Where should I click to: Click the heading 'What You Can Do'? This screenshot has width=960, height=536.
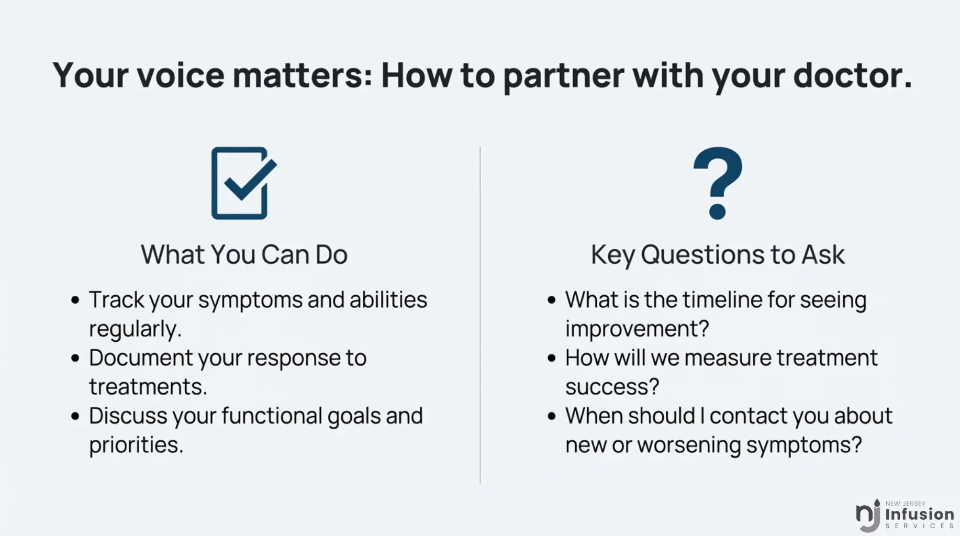[x=244, y=255]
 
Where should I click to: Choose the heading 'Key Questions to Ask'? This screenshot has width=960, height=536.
[x=718, y=255]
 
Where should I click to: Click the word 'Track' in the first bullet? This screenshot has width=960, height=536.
[x=116, y=300]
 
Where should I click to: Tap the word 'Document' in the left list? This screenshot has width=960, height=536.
[x=141, y=358]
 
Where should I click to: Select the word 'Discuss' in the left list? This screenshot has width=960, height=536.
[x=128, y=416]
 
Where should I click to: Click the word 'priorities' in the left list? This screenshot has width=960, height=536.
[x=136, y=445]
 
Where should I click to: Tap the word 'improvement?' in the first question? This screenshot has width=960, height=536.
[x=637, y=329]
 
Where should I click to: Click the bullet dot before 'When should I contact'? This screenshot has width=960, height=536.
[x=551, y=417]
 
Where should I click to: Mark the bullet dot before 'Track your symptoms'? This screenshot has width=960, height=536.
[x=75, y=300]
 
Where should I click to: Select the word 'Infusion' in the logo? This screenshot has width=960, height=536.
[x=920, y=514]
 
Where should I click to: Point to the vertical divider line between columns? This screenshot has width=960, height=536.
[x=480, y=315]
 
